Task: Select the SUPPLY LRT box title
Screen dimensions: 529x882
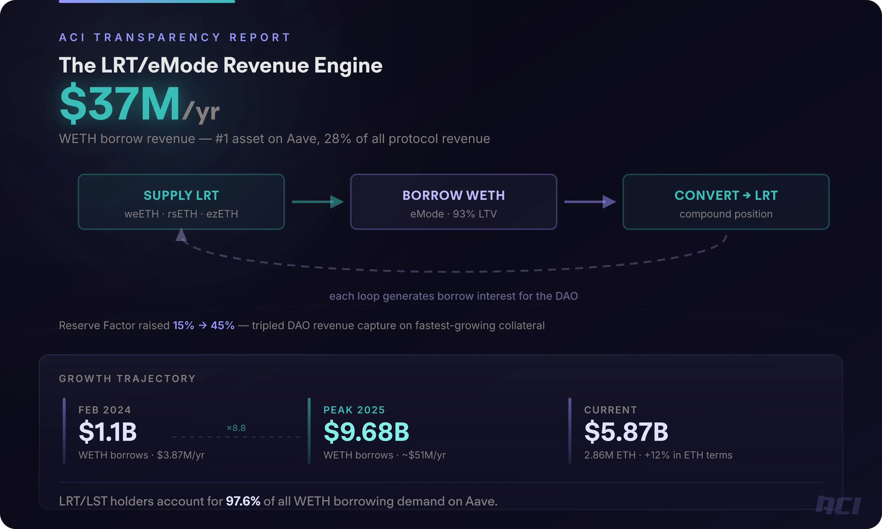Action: [181, 195]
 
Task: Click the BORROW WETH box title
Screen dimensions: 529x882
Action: [453, 195]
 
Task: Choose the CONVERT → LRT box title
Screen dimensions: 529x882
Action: [726, 195]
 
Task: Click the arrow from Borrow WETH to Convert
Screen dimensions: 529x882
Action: [590, 202]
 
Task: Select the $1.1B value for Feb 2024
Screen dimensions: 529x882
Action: [108, 432]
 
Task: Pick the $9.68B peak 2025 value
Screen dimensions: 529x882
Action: [366, 432]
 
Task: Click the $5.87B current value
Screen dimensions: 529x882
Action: [626, 432]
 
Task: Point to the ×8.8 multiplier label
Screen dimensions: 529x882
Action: [236, 428]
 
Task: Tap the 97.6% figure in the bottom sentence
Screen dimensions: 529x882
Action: [243, 501]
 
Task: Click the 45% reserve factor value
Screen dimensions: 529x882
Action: [222, 325]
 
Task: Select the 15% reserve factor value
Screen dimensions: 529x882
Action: [183, 325]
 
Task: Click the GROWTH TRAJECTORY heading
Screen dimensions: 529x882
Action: [127, 379]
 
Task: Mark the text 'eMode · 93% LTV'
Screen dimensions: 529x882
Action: [453, 214]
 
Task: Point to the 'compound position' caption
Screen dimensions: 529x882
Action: [726, 214]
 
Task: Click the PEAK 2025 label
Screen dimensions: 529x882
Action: [354, 410]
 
